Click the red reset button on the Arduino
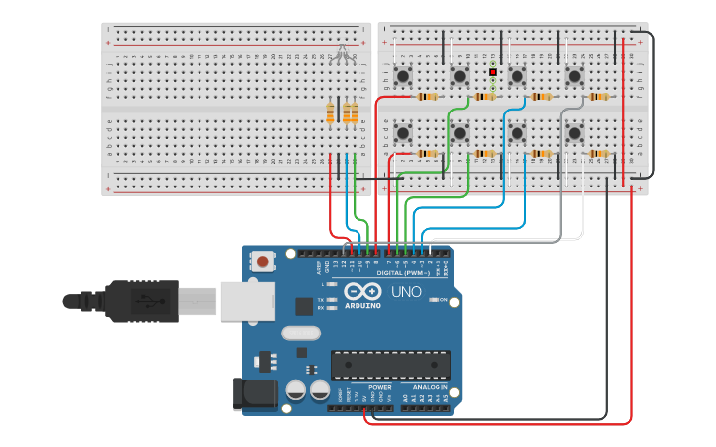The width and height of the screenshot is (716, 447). click(264, 261)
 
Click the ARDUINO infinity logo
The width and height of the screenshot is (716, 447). click(361, 293)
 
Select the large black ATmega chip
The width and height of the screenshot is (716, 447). click(390, 365)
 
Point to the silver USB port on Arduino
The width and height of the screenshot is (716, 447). click(245, 300)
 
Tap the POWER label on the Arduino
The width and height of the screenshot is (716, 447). click(380, 387)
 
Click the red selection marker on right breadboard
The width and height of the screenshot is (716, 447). click(492, 72)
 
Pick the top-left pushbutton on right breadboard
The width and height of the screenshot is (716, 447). click(403, 76)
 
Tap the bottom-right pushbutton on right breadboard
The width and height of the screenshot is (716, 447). click(574, 132)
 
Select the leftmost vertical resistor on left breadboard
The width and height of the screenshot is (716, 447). click(330, 113)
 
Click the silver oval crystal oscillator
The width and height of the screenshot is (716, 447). click(301, 334)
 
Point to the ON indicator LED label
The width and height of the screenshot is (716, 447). click(443, 300)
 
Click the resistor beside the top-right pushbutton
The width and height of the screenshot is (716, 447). click(597, 97)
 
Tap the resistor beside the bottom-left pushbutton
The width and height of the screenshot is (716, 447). click(427, 154)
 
